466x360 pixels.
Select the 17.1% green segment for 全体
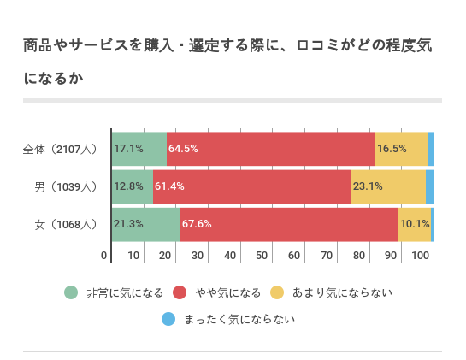[x=139, y=149]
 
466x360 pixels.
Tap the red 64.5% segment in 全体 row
[x=271, y=149]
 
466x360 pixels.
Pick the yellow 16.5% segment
[x=402, y=149]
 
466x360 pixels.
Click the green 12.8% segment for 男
[x=133, y=186]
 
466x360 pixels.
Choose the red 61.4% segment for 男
[x=252, y=186]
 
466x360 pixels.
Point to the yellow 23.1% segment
[x=388, y=186]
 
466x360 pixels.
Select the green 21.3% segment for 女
[x=146, y=224]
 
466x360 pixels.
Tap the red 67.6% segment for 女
[x=289, y=224]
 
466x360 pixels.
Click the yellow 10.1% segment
[x=415, y=224]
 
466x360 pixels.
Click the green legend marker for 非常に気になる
[x=71, y=292]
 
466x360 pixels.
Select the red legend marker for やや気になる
[x=180, y=292]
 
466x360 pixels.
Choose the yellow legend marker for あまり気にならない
[x=277, y=292]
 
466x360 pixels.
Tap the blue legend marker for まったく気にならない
[x=168, y=320]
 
